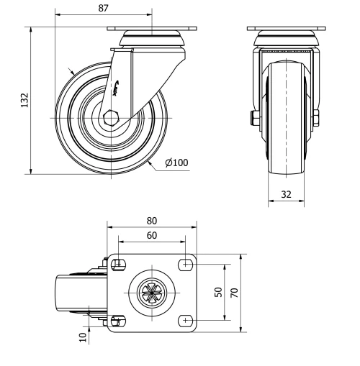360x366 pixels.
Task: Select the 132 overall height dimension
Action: (23, 99)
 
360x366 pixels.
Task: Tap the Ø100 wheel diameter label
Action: (176, 163)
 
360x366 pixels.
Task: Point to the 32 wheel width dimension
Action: (287, 193)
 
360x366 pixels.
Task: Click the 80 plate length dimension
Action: (151, 221)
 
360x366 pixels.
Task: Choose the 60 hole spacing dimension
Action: (151, 235)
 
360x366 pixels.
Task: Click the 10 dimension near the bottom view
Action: (84, 335)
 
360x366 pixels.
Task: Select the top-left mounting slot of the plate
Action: (119, 262)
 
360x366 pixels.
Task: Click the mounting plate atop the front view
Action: (286, 29)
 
